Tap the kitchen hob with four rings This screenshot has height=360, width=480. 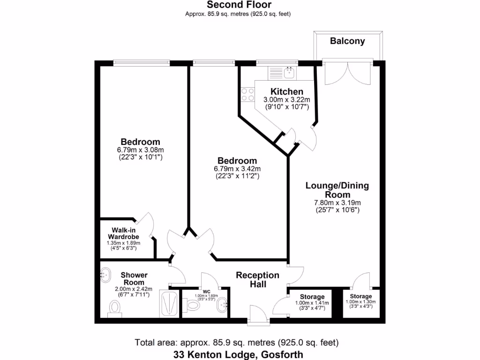(x=246, y=95)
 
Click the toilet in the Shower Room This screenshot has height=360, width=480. (x=114, y=307)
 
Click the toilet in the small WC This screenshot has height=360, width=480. (x=192, y=305)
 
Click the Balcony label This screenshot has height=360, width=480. (x=347, y=41)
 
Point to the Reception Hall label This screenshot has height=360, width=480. (x=257, y=279)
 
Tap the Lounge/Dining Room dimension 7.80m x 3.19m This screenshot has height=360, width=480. (x=337, y=202)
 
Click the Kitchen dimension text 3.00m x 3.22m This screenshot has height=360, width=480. (x=286, y=100)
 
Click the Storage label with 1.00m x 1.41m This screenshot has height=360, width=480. (x=312, y=297)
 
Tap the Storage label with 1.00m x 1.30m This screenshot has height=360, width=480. (x=361, y=296)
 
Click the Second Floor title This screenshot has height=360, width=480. (x=239, y=5)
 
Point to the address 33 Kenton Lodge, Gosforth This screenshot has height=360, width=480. (x=237, y=354)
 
